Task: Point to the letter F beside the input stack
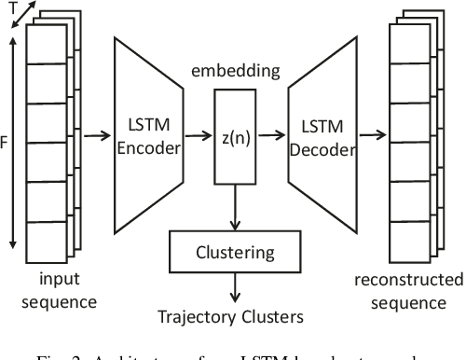(6, 145)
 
